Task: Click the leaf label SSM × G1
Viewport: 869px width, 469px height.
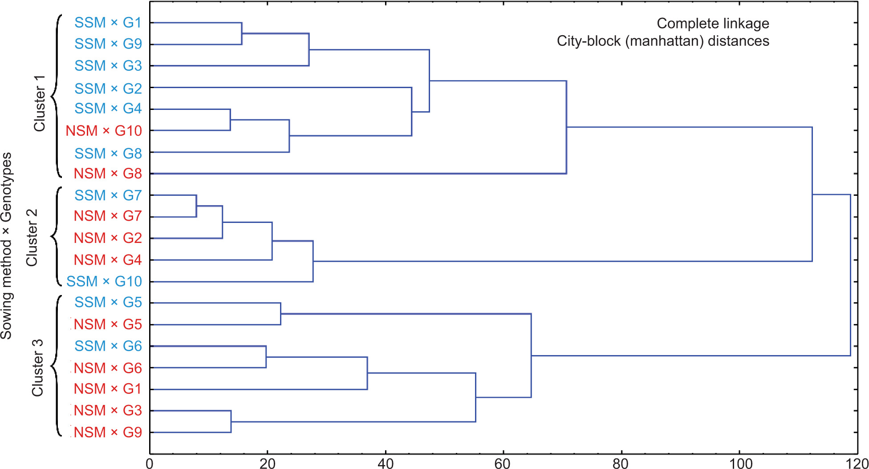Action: click(108, 22)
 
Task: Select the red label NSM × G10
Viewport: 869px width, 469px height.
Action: click(103, 130)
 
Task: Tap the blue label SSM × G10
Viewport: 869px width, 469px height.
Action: click(104, 281)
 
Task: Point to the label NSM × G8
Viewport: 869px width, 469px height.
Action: click(108, 174)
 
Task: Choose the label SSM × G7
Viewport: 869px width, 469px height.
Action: click(108, 195)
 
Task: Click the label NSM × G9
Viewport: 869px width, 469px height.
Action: click(108, 432)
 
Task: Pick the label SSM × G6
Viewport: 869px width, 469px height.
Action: click(108, 346)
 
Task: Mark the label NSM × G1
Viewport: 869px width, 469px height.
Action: click(108, 389)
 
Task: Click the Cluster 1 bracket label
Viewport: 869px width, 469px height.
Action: click(40, 103)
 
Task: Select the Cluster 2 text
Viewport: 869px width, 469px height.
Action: click(32, 238)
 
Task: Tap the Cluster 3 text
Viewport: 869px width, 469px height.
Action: click(37, 368)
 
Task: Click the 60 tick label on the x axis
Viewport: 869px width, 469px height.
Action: click(503, 464)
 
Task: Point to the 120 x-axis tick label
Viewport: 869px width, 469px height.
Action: click(857, 464)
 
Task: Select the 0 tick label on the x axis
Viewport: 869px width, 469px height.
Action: click(150, 464)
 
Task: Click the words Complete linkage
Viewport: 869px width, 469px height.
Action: click(713, 23)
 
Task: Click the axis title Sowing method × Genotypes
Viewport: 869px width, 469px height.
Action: click(6, 246)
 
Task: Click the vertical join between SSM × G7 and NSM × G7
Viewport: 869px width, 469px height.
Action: click(196, 206)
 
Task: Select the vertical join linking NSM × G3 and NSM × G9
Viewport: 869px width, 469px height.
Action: click(231, 421)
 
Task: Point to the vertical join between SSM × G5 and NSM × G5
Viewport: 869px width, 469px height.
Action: click(280, 314)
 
